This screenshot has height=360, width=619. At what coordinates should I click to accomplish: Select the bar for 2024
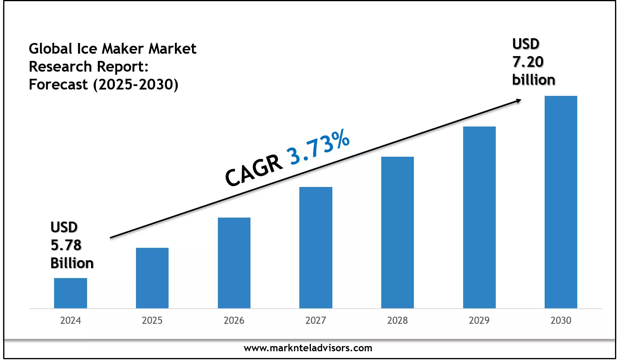click(70, 293)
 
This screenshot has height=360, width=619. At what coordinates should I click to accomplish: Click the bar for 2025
click(152, 278)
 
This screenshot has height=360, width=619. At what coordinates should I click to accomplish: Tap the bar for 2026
click(234, 263)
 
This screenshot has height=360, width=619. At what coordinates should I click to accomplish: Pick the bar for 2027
click(316, 247)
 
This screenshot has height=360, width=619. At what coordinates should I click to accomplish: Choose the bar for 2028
click(398, 232)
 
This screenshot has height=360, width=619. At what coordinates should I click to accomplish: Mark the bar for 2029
click(479, 217)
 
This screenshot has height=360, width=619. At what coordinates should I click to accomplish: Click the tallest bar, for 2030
click(561, 202)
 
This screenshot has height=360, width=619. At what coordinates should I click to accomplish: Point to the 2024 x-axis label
click(70, 321)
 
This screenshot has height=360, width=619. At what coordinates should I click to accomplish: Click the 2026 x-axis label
click(234, 321)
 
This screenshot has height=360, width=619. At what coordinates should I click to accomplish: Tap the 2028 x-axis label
click(398, 321)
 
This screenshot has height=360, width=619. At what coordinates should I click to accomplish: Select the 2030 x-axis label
click(561, 321)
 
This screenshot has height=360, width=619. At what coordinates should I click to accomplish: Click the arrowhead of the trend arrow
click(518, 101)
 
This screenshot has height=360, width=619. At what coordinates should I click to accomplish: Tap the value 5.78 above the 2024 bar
click(66, 245)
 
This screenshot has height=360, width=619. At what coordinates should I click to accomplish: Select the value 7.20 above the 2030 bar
click(528, 62)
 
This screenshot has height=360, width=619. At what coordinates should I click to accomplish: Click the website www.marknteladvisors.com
click(308, 348)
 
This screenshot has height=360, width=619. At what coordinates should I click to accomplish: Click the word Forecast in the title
click(58, 85)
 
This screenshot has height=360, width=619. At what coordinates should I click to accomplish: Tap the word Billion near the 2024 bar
click(72, 263)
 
